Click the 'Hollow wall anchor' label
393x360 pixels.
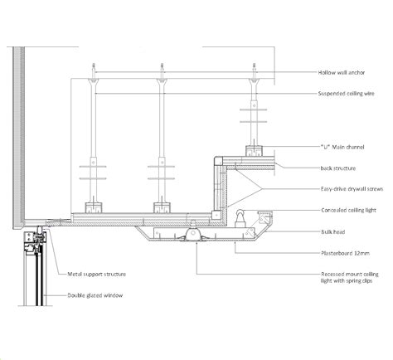click(341, 73)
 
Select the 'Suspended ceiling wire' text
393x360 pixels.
click(347, 94)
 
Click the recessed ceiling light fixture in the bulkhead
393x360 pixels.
click(196, 236)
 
